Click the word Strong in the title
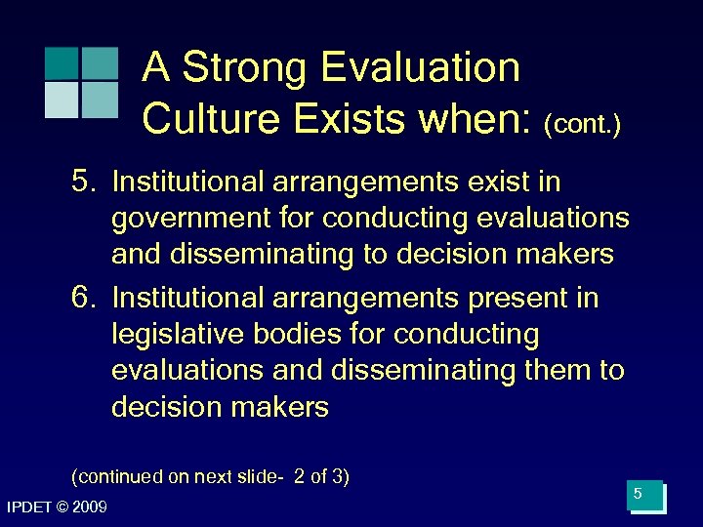coord(238,68)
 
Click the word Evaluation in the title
coord(421,68)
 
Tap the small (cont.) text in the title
coord(583,124)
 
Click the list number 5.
coord(85,182)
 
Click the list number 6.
coord(85,298)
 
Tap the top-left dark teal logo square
coord(61,62)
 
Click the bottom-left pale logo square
coord(61,100)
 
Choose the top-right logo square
coord(99,62)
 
